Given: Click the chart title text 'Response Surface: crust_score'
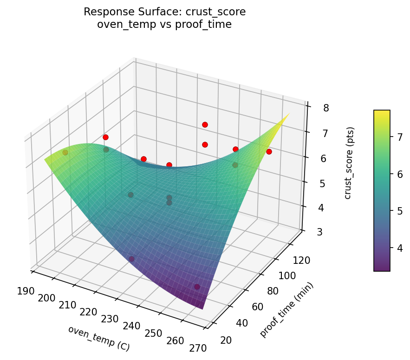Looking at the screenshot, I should (x=164, y=12).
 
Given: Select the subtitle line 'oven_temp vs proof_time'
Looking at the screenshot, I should (x=164, y=25).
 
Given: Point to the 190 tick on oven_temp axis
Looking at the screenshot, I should (x=26, y=291).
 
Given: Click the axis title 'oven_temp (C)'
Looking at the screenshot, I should (x=98, y=338).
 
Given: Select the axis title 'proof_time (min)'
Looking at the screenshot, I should (x=286, y=310).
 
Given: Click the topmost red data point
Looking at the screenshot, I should (x=205, y=124).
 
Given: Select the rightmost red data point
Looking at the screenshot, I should (x=269, y=152).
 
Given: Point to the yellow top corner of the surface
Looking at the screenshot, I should (x=289, y=114).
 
